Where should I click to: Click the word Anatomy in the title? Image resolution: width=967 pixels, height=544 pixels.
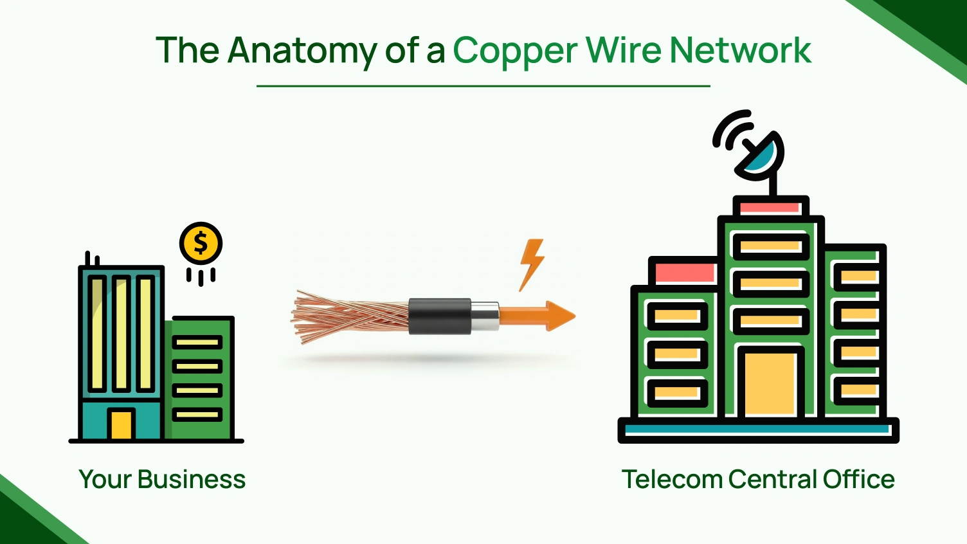point(302,51)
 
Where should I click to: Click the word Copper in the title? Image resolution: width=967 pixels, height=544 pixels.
point(514,51)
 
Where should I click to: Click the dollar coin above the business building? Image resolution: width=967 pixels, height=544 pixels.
point(201,244)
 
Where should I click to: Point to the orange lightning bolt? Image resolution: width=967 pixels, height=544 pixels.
point(532,263)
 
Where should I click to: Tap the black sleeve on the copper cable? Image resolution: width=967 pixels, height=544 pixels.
point(440,316)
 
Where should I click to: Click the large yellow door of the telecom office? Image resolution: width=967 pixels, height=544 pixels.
point(770,383)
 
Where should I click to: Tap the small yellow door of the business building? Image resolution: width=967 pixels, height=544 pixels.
point(121,424)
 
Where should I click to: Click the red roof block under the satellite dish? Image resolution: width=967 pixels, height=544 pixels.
point(770,208)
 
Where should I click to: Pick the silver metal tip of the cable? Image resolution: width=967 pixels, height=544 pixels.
point(485,316)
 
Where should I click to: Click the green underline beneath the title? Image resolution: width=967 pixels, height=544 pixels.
point(483,86)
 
